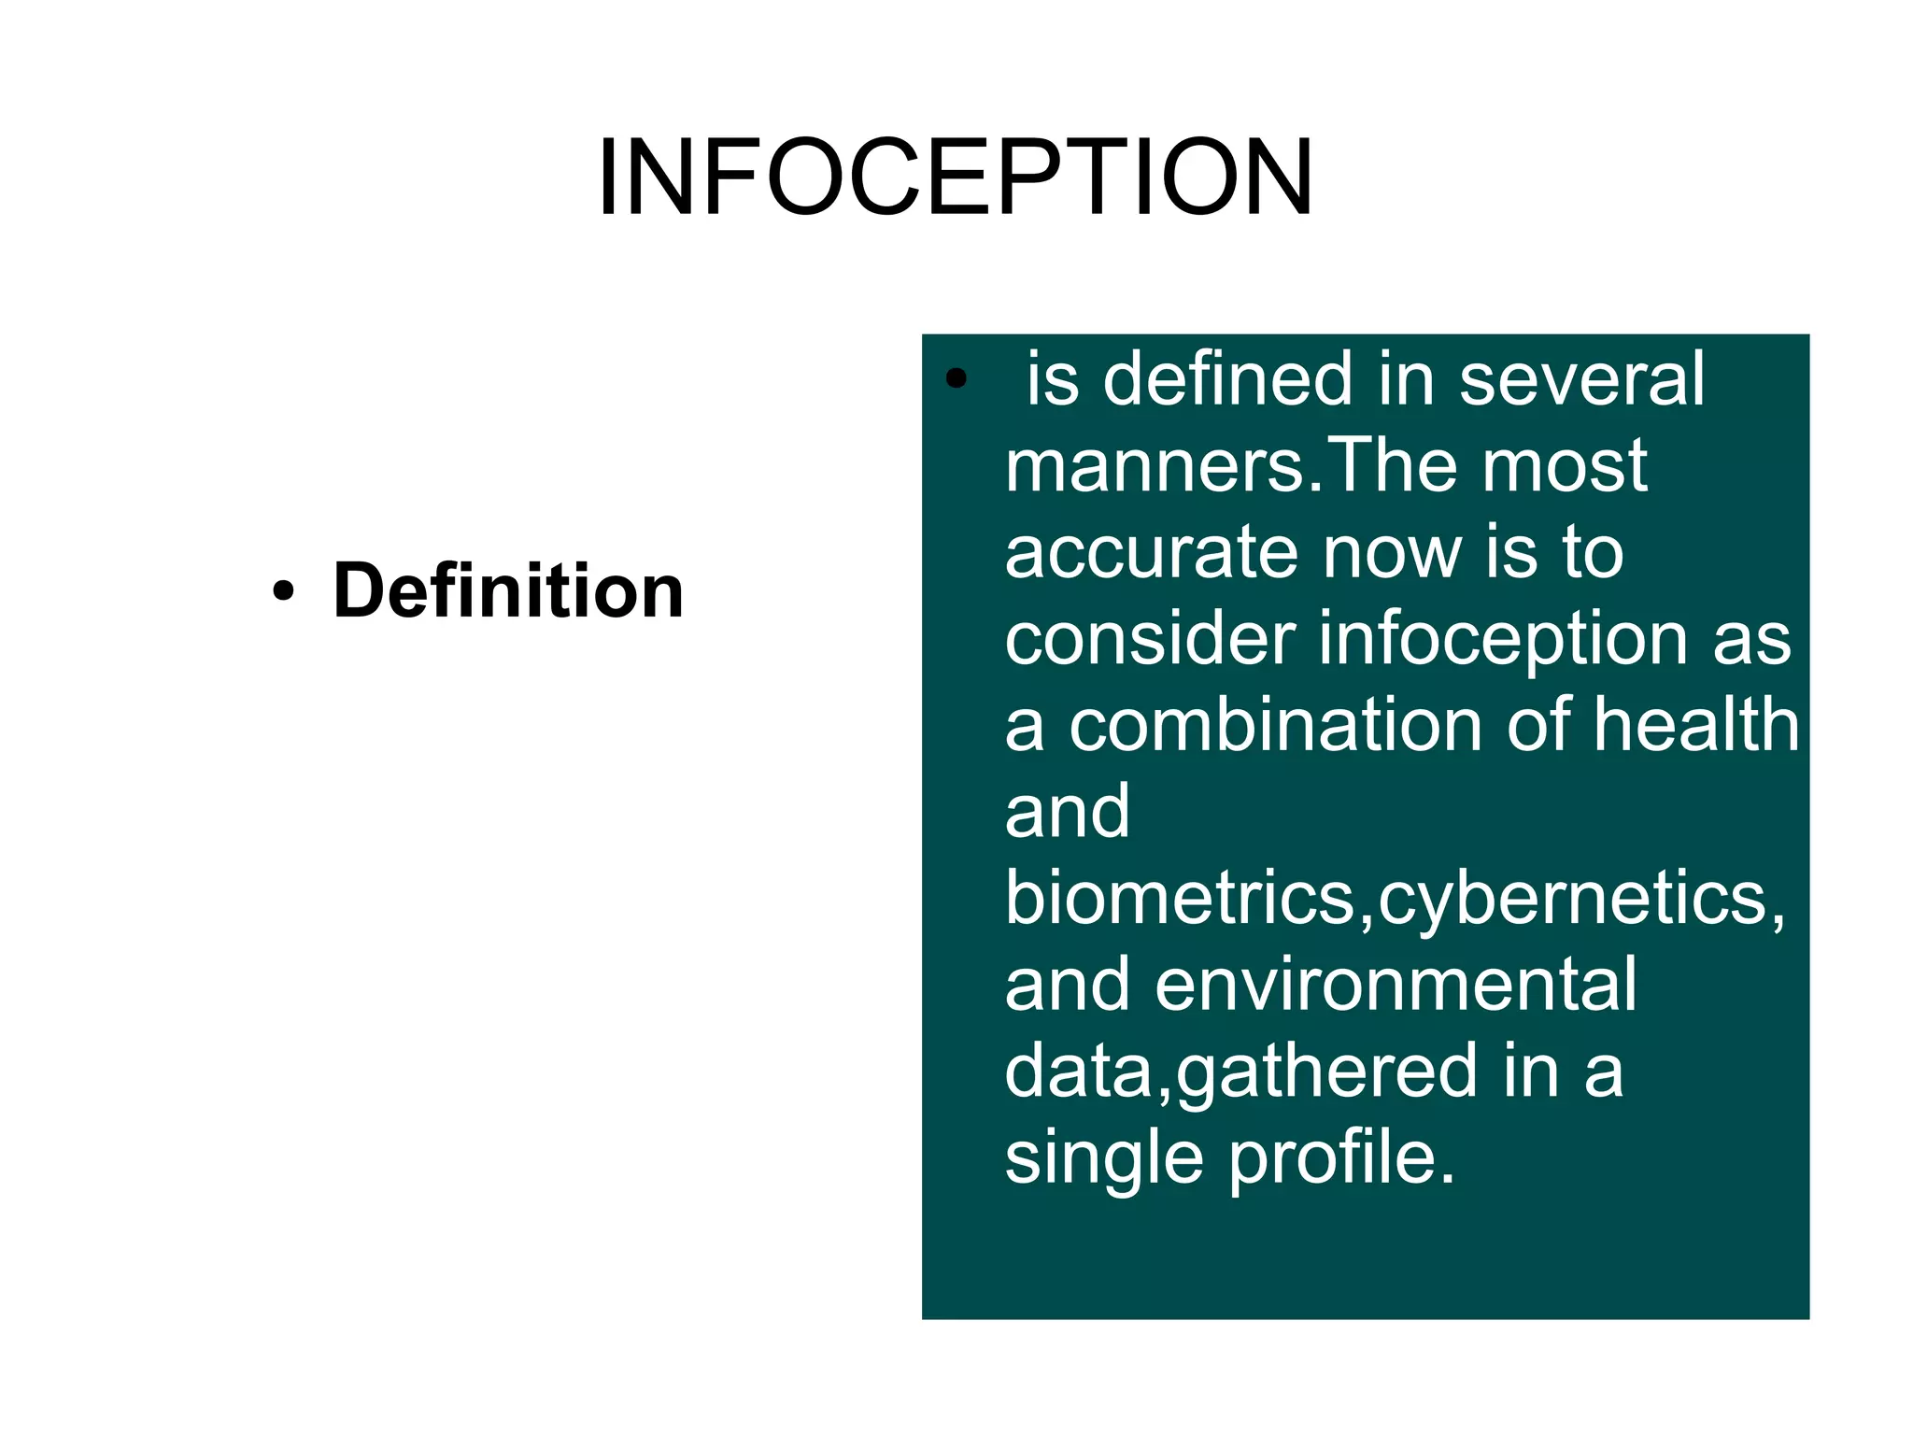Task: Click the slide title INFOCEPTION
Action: pos(956,177)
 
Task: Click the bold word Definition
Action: pos(508,590)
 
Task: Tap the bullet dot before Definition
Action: pos(283,591)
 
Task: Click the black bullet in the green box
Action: pos(955,379)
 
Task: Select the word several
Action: pos(1581,379)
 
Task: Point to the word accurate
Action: pos(1152,553)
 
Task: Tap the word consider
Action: pos(1150,639)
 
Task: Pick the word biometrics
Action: pos(1180,899)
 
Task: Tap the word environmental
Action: pos(1396,985)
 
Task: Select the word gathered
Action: pos(1325,1072)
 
